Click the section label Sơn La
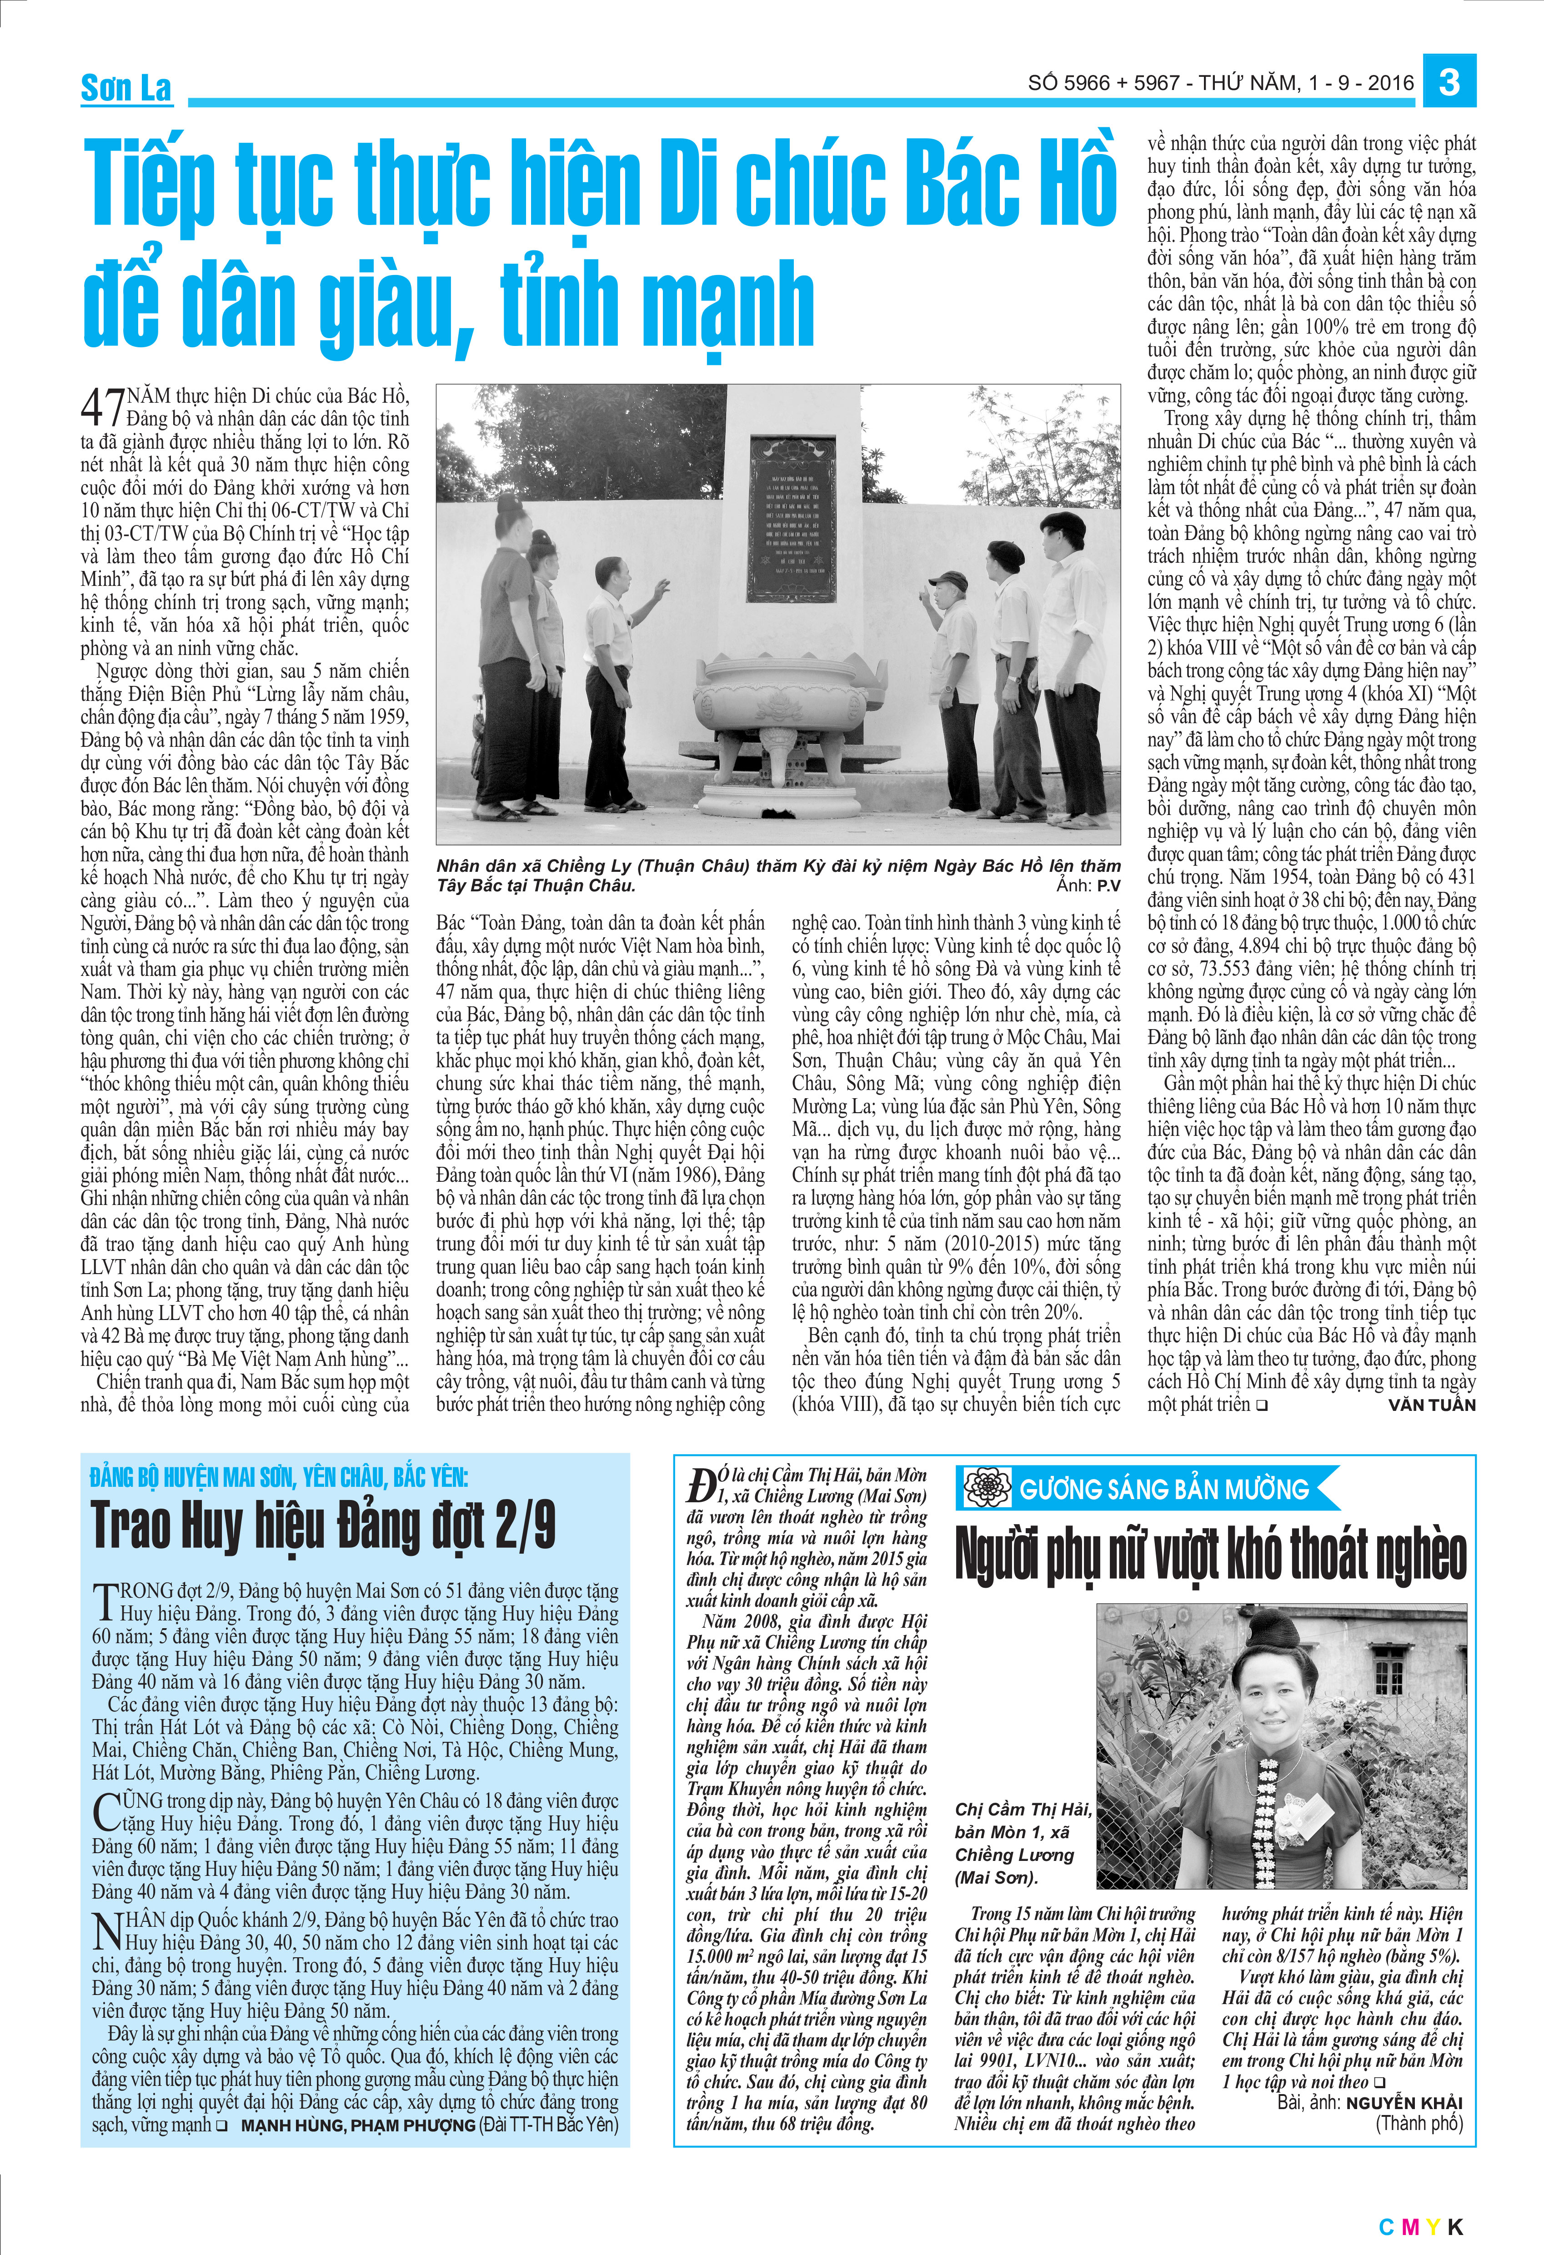[126, 88]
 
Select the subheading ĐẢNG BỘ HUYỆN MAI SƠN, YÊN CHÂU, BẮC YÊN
[279, 1477]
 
